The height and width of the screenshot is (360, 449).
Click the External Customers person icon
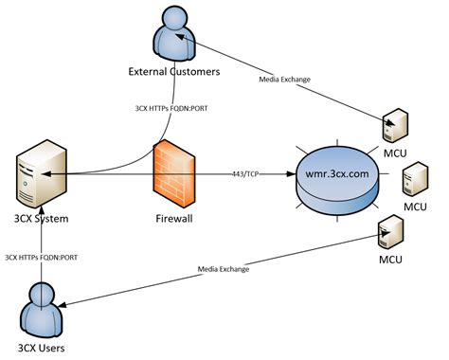coord(173,36)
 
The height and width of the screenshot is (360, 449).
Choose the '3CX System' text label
coord(36,220)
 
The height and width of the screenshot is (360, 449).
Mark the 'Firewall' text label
coord(173,219)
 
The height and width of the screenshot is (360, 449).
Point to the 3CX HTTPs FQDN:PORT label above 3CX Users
coord(44,256)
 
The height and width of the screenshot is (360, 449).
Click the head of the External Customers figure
coord(174,17)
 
